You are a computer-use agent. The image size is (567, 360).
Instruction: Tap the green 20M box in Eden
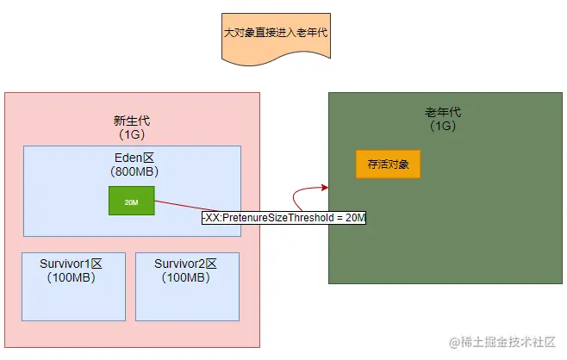tap(131, 201)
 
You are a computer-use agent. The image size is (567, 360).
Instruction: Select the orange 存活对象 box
tap(388, 164)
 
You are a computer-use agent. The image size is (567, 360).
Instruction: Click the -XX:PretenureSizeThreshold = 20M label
tap(283, 218)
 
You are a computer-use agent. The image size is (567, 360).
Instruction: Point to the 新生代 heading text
tap(132, 121)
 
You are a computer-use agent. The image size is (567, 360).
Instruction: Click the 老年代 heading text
tap(442, 113)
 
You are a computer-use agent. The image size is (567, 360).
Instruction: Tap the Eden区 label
tap(133, 158)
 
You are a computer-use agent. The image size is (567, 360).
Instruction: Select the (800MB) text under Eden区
tap(133, 171)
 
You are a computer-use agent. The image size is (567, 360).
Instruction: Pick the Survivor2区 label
tap(185, 264)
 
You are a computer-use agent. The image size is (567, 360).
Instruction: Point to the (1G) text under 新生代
tap(132, 135)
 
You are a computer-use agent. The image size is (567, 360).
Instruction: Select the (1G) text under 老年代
tap(442, 127)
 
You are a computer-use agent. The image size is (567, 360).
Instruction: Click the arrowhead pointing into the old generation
tap(325, 187)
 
